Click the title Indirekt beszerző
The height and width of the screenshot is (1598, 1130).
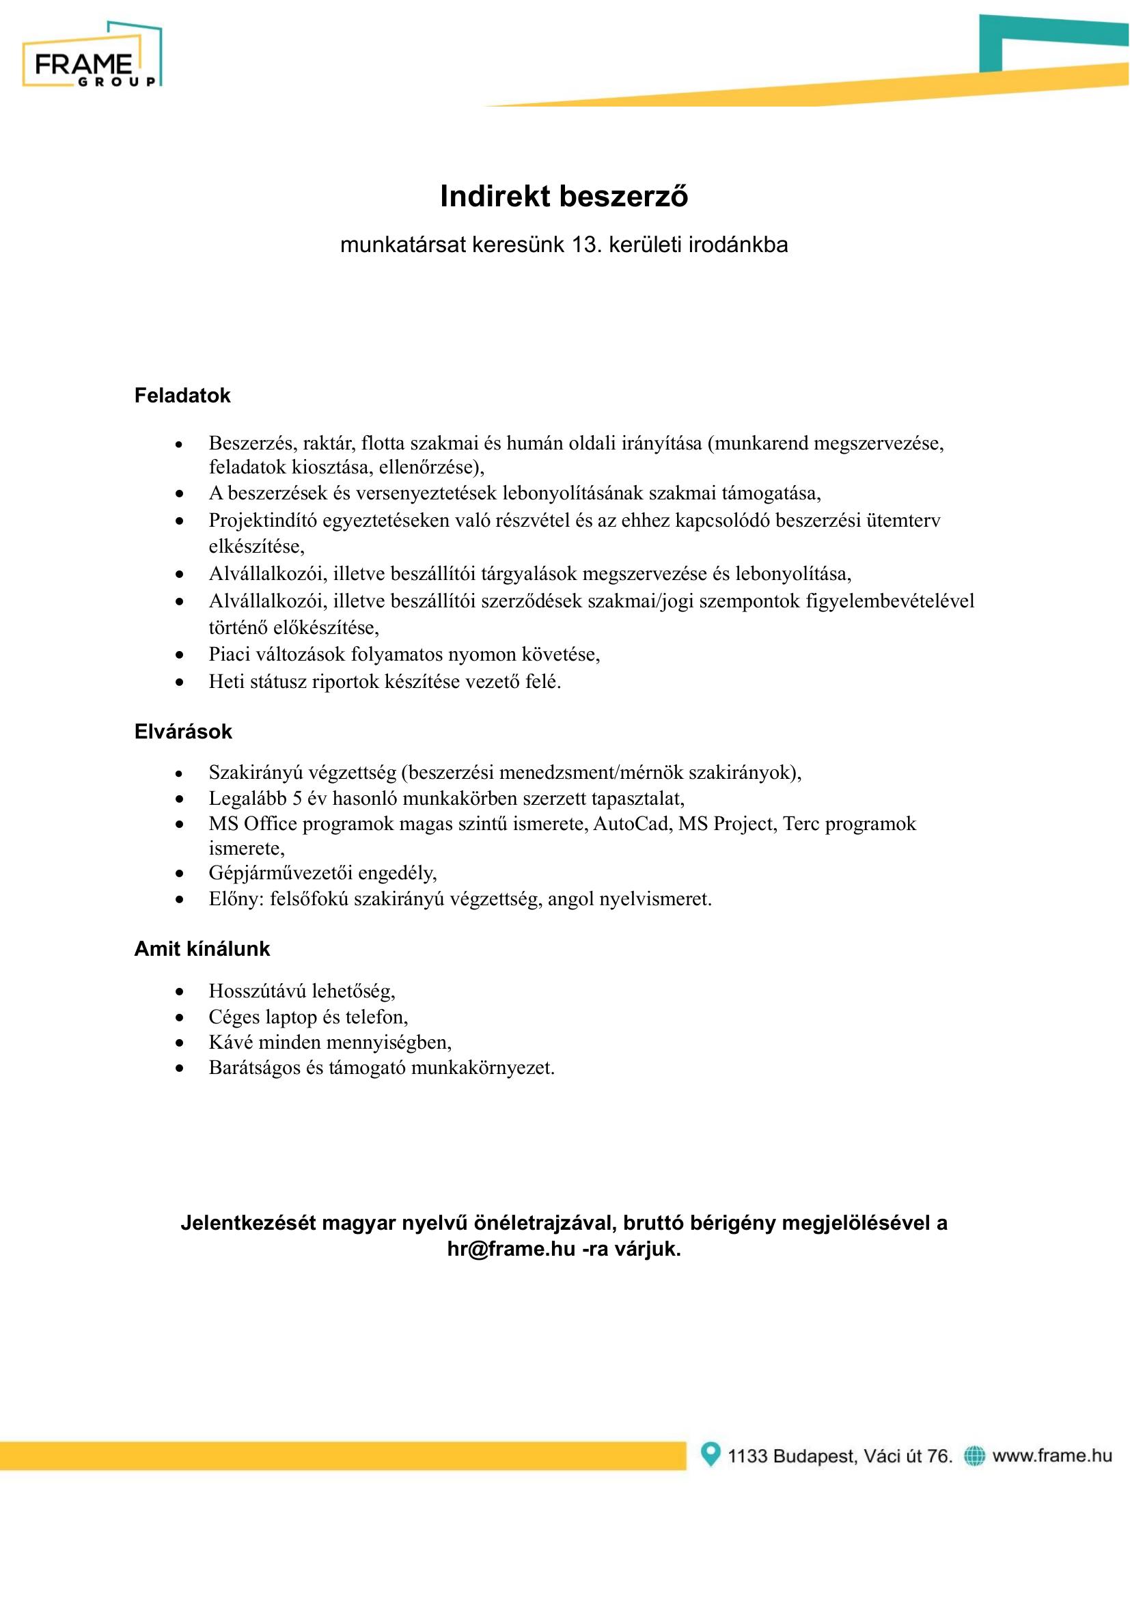564,197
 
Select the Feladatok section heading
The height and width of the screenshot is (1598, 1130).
182,396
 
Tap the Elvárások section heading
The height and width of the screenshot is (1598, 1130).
183,732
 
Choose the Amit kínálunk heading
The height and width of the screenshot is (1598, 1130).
202,950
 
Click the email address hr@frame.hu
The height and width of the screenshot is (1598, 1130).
511,1268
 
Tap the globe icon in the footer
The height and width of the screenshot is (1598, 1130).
974,1455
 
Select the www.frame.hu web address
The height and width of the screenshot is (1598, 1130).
1052,1455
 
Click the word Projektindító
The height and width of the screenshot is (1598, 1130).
262,521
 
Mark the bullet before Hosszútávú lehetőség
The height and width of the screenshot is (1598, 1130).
180,991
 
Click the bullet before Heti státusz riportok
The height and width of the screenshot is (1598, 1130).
180,683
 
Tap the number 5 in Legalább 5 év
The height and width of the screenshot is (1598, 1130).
297,798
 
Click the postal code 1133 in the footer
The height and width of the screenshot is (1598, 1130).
747,1455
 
